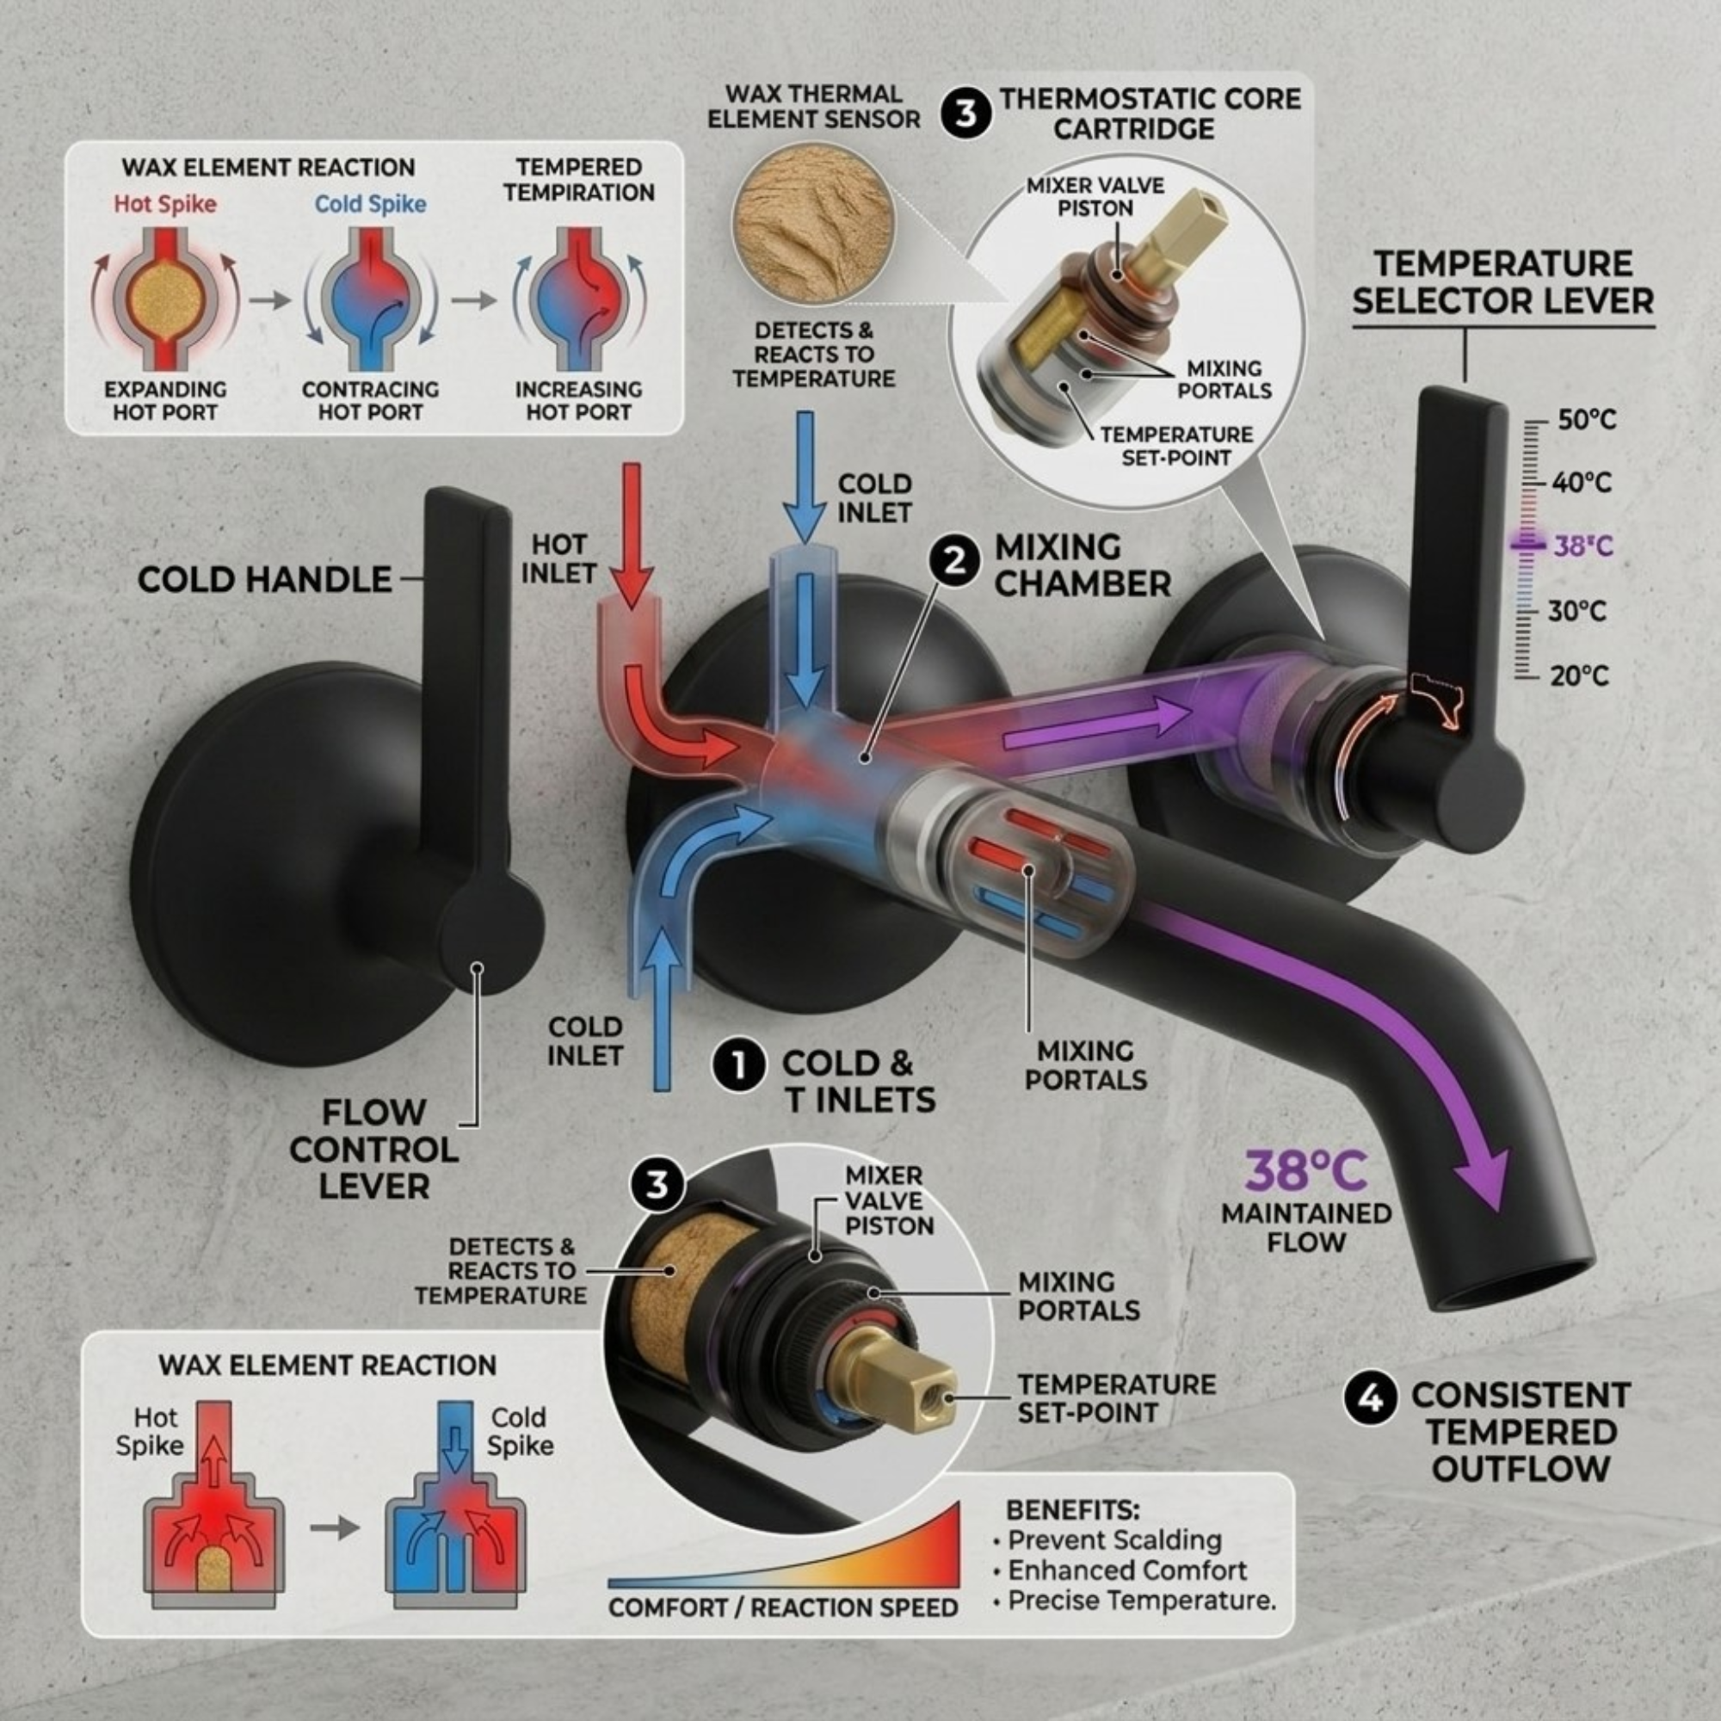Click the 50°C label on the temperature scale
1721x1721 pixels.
[x=1587, y=420]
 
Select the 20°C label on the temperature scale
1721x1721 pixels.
[x=1579, y=676]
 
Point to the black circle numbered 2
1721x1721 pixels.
[x=954, y=562]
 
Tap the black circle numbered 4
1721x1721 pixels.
[x=1371, y=1397]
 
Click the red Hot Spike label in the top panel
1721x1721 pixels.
[x=165, y=204]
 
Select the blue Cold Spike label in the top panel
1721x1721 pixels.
[x=371, y=204]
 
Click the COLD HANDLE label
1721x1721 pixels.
[x=264, y=580]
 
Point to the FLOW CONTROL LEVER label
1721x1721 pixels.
[x=373, y=1149]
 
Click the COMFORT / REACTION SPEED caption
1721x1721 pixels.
[x=783, y=1608]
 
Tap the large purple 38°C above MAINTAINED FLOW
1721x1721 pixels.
[x=1305, y=1171]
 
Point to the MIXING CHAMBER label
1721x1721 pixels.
[x=1083, y=565]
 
